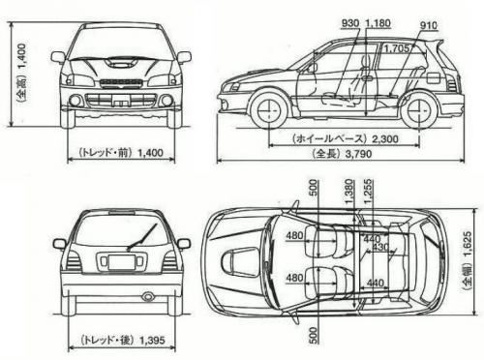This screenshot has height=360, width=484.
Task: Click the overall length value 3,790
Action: [360, 154]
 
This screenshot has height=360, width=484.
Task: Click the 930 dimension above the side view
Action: [351, 21]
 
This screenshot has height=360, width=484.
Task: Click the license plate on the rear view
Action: [122, 262]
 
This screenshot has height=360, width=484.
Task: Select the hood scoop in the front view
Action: [120, 62]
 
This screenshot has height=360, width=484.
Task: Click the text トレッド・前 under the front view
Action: [101, 152]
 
